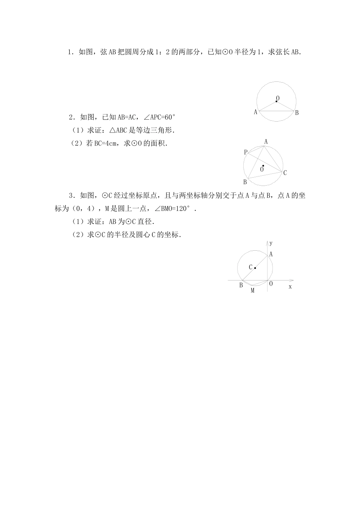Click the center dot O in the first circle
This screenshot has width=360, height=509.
coord(276,101)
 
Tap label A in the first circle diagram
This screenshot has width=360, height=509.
coord(255,112)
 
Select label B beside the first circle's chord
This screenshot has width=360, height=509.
coord(297,112)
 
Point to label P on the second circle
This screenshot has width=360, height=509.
coord(246,152)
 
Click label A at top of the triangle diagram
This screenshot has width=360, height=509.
coord(266,142)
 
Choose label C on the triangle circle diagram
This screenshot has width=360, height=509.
coord(285,173)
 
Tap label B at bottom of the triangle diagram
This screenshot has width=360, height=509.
coord(245,182)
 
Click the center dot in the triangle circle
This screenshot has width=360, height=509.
coord(263,166)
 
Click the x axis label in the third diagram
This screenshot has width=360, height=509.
coord(290,287)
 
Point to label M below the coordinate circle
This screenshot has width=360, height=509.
coord(252,290)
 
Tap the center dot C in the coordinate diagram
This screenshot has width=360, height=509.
coord(255,268)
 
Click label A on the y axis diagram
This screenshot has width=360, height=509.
coord(271,254)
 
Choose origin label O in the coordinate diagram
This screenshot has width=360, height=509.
coord(271,283)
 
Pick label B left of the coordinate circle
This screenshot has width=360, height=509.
coord(241,285)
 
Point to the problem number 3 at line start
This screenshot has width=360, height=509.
coord(71,196)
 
